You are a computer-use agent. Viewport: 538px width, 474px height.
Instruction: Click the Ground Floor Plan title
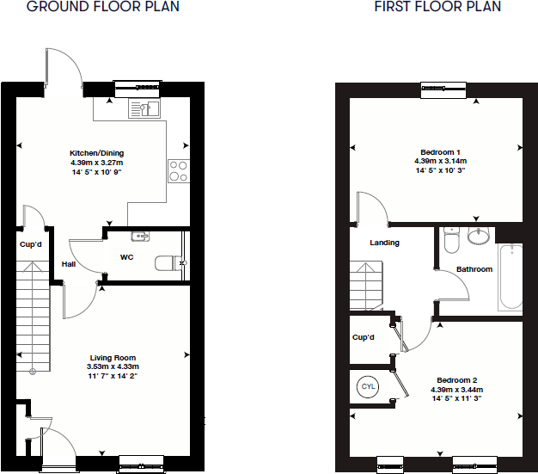104,7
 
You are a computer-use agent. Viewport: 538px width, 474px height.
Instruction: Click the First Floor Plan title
437,7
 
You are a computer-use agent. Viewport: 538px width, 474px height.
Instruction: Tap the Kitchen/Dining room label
96,152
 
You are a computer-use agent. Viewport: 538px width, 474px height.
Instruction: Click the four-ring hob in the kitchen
179,171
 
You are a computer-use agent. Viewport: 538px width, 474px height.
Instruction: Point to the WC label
126,257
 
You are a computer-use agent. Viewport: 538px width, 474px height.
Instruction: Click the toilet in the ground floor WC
167,264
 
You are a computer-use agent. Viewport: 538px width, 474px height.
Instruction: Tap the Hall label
68,264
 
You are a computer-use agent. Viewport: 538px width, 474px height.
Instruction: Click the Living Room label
113,358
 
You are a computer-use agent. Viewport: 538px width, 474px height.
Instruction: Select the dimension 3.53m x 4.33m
113,366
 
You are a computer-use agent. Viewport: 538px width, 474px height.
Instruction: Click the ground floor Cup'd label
31,244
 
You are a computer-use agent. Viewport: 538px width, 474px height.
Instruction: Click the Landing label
384,243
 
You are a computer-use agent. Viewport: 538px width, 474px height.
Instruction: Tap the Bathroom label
474,269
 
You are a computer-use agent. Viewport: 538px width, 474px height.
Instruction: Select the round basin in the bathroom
477,237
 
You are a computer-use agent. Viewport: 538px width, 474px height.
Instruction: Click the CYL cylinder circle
368,386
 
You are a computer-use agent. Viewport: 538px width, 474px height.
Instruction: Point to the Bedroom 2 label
456,380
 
